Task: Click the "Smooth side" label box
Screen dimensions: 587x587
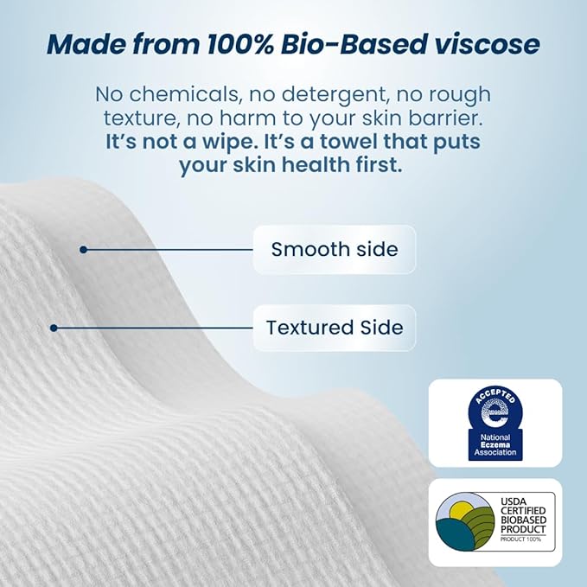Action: point(335,250)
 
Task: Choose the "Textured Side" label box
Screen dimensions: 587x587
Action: point(335,328)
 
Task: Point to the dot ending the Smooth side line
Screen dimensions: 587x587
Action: point(83,250)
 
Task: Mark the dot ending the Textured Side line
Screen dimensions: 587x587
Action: point(54,328)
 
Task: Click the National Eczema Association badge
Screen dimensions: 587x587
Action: point(494,423)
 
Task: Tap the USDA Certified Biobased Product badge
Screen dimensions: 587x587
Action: point(494,522)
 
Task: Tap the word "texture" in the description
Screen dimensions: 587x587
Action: point(133,118)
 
